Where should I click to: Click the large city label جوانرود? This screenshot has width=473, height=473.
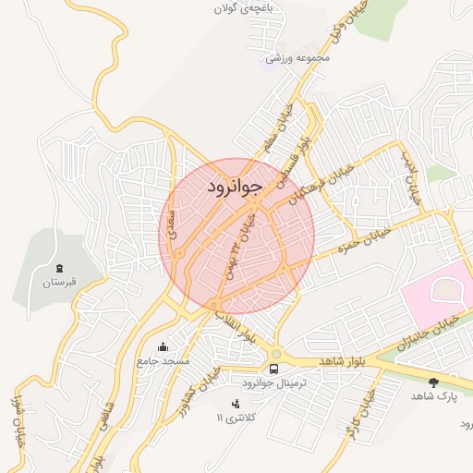pos(232,186)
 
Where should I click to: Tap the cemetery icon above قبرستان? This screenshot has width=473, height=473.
pos(60,267)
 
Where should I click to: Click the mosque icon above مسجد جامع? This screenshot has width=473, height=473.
pos(164,347)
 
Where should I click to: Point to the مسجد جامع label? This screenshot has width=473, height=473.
pos(163,362)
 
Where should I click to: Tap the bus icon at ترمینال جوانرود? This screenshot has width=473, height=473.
pos(274,368)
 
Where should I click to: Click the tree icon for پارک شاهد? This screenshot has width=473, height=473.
pos(434,381)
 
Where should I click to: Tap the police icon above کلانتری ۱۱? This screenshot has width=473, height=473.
pos(235,403)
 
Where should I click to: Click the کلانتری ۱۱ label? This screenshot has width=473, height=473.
pos(232,418)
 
